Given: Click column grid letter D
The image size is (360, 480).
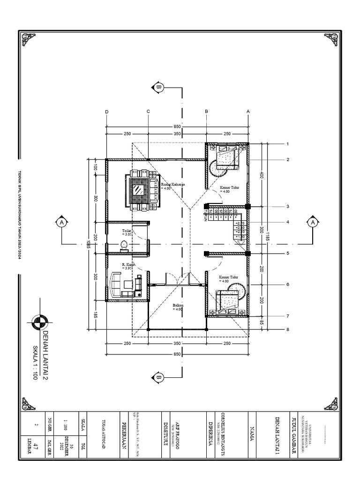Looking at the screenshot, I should click(106, 111).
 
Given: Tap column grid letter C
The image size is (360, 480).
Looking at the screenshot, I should click(148, 111).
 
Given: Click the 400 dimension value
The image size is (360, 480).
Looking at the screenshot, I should click(262, 175).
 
